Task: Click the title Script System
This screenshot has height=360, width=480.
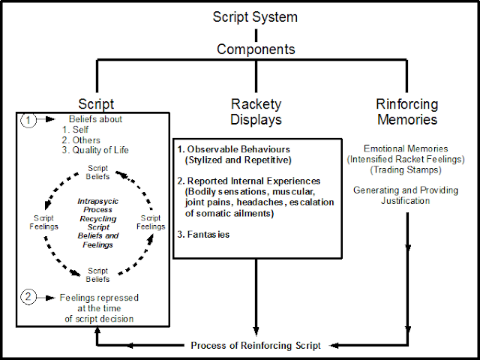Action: pos(256,16)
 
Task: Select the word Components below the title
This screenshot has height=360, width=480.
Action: pos(256,49)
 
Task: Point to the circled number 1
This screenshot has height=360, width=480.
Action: pos(27,118)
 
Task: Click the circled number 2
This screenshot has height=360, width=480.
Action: pos(27,298)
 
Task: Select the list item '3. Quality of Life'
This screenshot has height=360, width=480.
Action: pos(96,150)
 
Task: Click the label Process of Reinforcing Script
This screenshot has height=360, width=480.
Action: pos(256,345)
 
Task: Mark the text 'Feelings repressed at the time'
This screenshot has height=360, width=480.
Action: pos(99,303)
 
